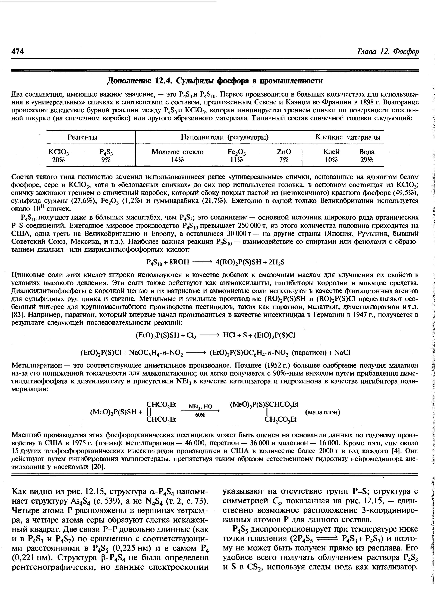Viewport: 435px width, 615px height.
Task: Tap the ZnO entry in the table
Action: coord(283,152)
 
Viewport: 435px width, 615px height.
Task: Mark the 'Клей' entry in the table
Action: coord(331,152)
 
